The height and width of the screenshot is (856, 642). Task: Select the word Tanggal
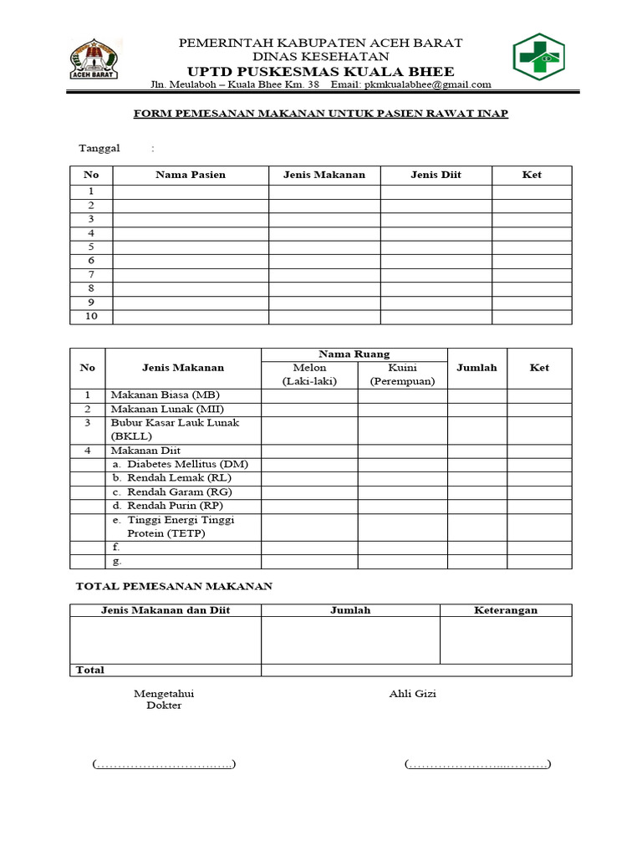99,148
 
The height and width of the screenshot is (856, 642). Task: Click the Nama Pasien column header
191,175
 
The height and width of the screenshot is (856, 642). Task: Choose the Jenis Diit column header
436,175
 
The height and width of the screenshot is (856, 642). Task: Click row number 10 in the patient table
91,317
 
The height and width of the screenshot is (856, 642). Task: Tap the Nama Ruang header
354,354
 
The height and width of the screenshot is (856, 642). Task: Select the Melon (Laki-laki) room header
309,374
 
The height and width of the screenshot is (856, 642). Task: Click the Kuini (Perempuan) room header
403,374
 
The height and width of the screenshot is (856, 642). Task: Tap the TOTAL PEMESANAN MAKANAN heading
174,587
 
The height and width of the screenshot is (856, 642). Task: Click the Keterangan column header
506,610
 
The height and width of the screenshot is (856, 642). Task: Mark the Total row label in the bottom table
90,670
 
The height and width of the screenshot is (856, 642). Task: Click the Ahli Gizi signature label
412,693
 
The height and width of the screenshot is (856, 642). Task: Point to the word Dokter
164,706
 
